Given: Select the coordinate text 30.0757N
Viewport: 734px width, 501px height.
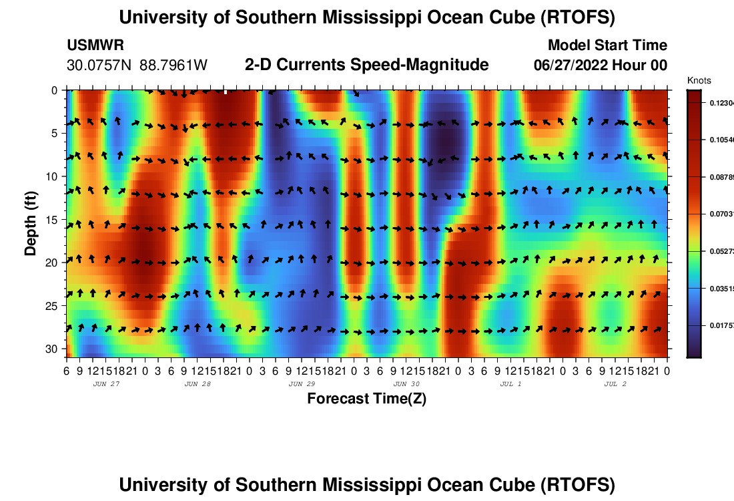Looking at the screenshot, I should pyautogui.click(x=99, y=65).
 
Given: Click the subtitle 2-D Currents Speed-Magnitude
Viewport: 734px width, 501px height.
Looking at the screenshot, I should pyautogui.click(x=366, y=65).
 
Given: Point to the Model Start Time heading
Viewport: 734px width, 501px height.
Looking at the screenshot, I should pyautogui.click(x=607, y=45).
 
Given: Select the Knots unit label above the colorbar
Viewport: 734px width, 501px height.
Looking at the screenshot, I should pyautogui.click(x=699, y=80).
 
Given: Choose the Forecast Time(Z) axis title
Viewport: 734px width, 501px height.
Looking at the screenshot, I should pyautogui.click(x=366, y=399).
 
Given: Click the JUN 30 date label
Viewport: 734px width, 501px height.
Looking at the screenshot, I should pyautogui.click(x=406, y=384).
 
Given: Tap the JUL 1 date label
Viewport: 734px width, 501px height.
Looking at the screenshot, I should pyautogui.click(x=510, y=384).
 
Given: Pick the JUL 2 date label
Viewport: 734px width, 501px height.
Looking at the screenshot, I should pyautogui.click(x=615, y=384).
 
